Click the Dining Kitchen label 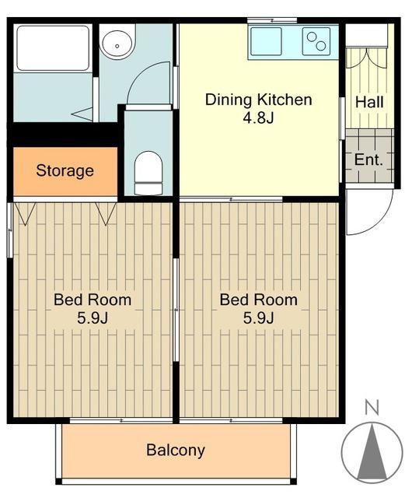pyautogui.click(x=258, y=100)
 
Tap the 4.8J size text pyautogui.click(x=258, y=117)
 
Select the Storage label pyautogui.click(x=65, y=171)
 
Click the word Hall pyautogui.click(x=369, y=102)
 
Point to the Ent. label pyautogui.click(x=368, y=160)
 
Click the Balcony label pyautogui.click(x=176, y=451)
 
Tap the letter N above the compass pyautogui.click(x=372, y=408)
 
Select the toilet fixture pyautogui.click(x=148, y=173)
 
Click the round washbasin pyautogui.click(x=117, y=44)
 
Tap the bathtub pyautogui.click(x=53, y=48)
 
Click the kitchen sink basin pyautogui.click(x=266, y=41)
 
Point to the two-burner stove pyautogui.click(x=316, y=41)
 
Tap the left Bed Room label pyautogui.click(x=93, y=300)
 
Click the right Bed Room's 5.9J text pyautogui.click(x=258, y=318)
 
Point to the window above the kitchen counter pyautogui.click(x=272, y=21)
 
